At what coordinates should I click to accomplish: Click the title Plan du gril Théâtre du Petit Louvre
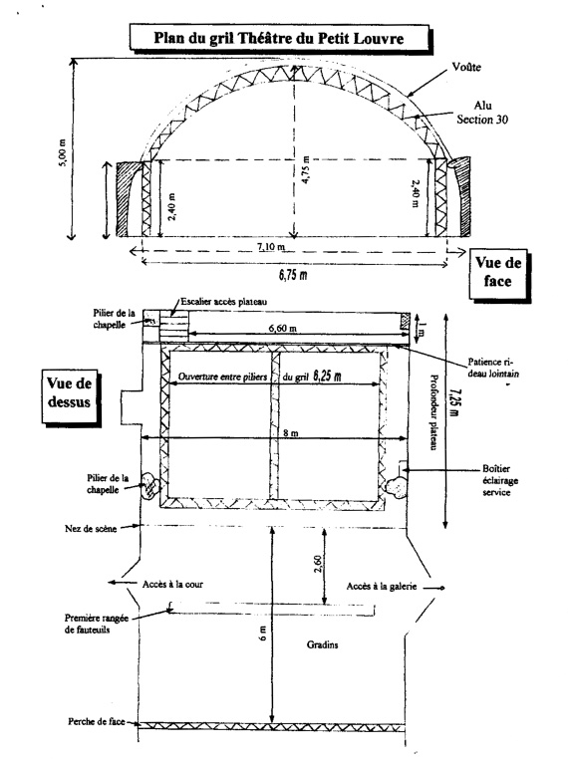pyautogui.click(x=279, y=38)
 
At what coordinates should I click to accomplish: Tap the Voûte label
pyautogui.click(x=466, y=67)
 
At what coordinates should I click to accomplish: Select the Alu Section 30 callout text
pyautogui.click(x=482, y=113)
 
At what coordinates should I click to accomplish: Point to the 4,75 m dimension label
pyautogui.click(x=306, y=169)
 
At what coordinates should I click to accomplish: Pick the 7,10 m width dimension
pyautogui.click(x=271, y=247)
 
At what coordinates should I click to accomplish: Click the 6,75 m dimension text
pyautogui.click(x=293, y=275)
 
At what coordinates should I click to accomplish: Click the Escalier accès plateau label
pyautogui.click(x=224, y=302)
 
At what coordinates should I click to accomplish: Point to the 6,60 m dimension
pyautogui.click(x=282, y=328)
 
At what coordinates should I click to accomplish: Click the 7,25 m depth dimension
pyautogui.click(x=454, y=402)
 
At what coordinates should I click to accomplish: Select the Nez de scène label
pyautogui.click(x=91, y=529)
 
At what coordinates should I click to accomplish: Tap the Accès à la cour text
pyautogui.click(x=172, y=584)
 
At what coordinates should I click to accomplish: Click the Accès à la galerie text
pyautogui.click(x=382, y=587)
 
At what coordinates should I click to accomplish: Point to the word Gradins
pyautogui.click(x=322, y=644)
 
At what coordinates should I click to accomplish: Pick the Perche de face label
pyautogui.click(x=97, y=721)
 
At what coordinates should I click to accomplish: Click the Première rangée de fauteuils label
pyautogui.click(x=97, y=624)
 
